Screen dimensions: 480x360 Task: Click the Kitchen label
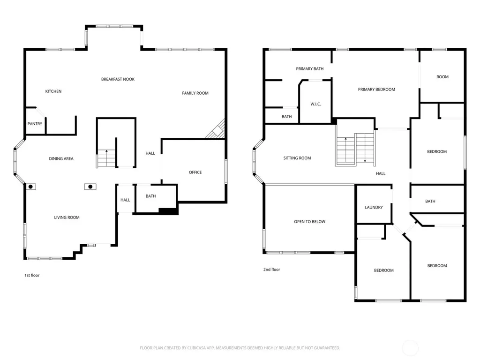coord(53,91)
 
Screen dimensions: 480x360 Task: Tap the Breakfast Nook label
coord(118,79)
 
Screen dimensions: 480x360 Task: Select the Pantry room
coord(35,124)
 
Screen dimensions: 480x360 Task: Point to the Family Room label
coord(195,93)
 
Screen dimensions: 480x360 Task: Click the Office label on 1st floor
coord(195,172)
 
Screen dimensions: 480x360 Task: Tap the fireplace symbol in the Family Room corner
coord(217,130)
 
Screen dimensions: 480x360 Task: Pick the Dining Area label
coord(61,158)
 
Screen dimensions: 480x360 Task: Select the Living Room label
coord(67,217)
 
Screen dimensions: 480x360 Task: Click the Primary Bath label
coord(310,69)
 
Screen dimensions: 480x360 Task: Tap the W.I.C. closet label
coord(315,104)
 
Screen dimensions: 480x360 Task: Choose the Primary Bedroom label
coord(376,90)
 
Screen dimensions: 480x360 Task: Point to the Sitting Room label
coord(297,158)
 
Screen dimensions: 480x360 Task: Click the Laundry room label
coord(374,207)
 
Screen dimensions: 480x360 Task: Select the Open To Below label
coord(310,222)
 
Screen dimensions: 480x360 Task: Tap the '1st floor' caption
coord(32,275)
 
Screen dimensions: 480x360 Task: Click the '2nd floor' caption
coord(272,270)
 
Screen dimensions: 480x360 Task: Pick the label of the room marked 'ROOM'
coord(442,77)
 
